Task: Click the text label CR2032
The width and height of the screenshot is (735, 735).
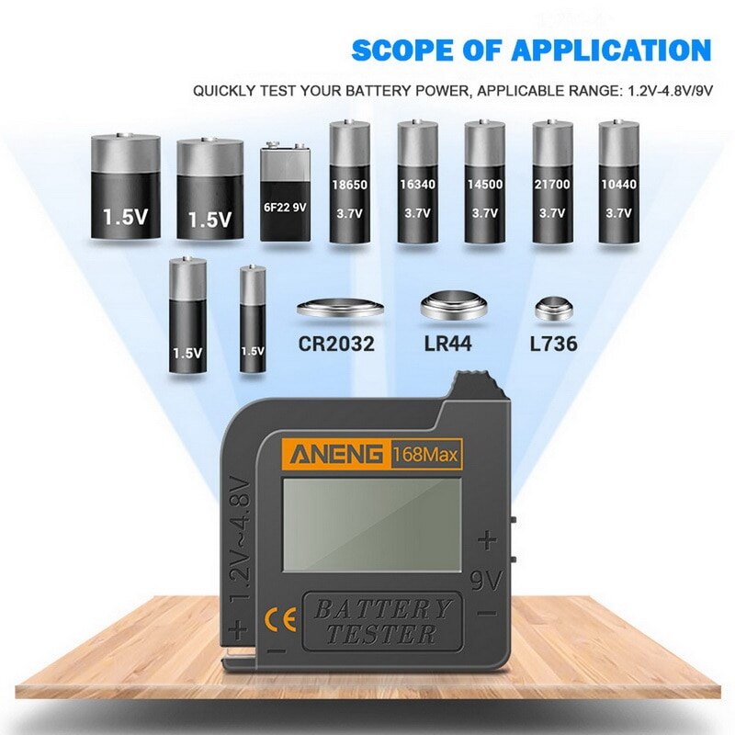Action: pos(336,345)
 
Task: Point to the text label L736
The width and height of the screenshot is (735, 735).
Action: pos(553,345)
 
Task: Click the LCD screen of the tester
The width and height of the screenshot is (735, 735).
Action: pos(371,524)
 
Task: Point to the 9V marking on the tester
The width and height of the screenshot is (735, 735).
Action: pos(488,581)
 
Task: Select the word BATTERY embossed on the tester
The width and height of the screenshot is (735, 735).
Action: pos(383,608)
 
